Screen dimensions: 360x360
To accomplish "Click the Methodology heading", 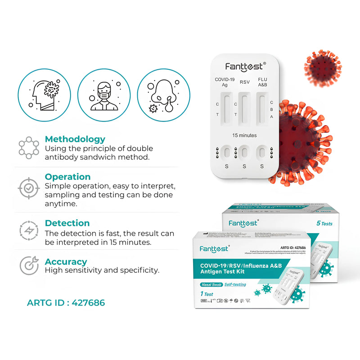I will point(75,139).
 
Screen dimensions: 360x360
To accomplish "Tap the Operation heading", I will point(67,177).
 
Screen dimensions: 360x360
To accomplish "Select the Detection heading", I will point(67,223).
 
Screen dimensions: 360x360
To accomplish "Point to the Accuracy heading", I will point(66,261).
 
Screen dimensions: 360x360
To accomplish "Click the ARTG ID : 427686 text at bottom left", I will point(66,303).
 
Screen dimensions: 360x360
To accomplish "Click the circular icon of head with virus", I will point(44,95).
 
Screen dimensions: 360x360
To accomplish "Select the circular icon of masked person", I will point(104,95).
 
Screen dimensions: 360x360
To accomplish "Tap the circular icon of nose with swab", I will point(163,95).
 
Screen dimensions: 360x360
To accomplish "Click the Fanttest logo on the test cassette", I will point(244,67).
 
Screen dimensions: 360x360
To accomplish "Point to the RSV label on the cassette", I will point(244,82).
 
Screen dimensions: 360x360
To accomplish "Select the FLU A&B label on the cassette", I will point(262,82).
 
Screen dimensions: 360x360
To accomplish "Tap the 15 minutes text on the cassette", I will point(244,135).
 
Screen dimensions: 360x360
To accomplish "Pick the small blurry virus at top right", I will point(323,67).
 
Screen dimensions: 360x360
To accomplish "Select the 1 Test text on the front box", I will point(207,294).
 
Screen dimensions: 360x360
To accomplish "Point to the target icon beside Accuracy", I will point(29,265).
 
